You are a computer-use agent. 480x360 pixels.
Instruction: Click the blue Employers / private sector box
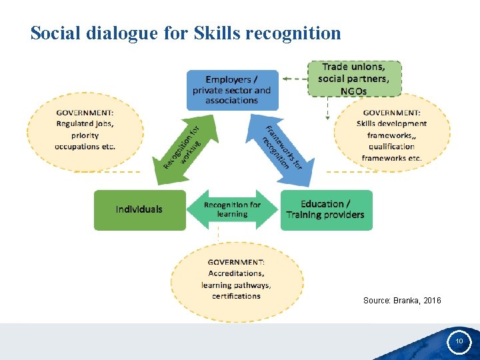[x=232, y=90]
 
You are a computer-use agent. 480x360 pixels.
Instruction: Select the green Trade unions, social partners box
[x=354, y=79]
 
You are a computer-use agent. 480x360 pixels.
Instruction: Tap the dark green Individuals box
[x=139, y=210]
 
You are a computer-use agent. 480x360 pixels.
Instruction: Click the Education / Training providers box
[x=326, y=210]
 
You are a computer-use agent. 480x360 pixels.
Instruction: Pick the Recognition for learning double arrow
[x=232, y=210]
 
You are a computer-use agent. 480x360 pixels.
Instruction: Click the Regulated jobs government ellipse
[x=85, y=129]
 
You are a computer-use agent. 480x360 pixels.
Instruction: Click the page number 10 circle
[x=459, y=341]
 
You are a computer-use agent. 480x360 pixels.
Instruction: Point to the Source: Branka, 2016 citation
[x=402, y=301]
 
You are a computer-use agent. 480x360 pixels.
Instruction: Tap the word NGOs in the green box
[x=353, y=91]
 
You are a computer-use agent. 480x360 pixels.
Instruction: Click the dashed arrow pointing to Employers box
[x=293, y=79]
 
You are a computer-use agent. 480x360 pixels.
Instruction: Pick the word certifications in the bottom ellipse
[x=237, y=296]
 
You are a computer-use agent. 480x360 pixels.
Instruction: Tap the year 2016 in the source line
[x=431, y=301]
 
